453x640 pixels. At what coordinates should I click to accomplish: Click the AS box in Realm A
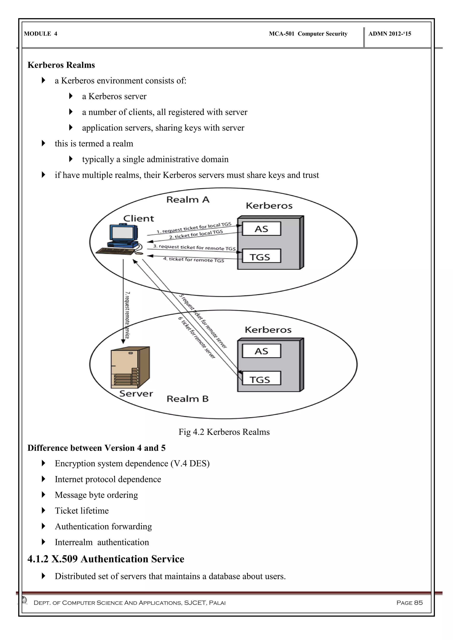coord(261,229)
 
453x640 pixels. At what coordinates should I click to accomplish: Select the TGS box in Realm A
coord(261,256)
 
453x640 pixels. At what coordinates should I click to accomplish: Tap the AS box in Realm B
coord(261,351)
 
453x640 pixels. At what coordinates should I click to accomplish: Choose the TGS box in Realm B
coord(261,379)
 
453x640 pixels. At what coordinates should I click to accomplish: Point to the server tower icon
coord(130,367)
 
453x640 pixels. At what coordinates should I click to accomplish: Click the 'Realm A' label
coord(188,200)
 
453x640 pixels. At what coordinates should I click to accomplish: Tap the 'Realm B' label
coord(187,399)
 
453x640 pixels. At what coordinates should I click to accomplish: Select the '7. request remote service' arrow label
coord(127,315)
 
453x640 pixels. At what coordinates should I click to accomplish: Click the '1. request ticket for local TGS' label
coord(194,228)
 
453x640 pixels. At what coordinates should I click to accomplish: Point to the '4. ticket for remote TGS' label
coord(194,259)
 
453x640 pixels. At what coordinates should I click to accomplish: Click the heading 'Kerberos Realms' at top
coord(61,65)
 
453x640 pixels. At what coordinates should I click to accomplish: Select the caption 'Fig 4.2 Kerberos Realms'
coord(224,432)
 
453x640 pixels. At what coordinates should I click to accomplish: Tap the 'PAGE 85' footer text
coord(409,603)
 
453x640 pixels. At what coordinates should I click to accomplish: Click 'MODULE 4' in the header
coord(41,34)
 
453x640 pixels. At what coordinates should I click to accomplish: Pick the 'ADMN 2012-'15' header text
coord(390,34)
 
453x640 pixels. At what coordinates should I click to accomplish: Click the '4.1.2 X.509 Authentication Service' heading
coord(106,559)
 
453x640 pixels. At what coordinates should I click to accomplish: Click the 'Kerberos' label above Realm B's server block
coord(268,330)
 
